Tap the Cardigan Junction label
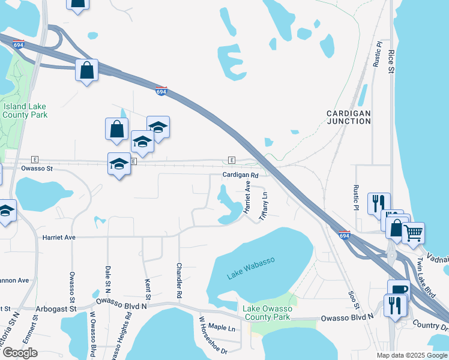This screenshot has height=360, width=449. tap(349, 117)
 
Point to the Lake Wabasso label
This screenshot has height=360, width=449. tap(251, 268)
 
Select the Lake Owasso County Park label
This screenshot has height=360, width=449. tap(267, 313)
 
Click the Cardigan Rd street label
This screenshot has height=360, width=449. tap(240, 175)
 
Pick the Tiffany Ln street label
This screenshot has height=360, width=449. tap(263, 205)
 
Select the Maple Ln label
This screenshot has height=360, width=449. tap(221, 327)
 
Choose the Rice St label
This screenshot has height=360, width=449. tap(391, 61)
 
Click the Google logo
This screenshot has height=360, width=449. tap(20, 353)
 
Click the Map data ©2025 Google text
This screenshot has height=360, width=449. tap(412, 355)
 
